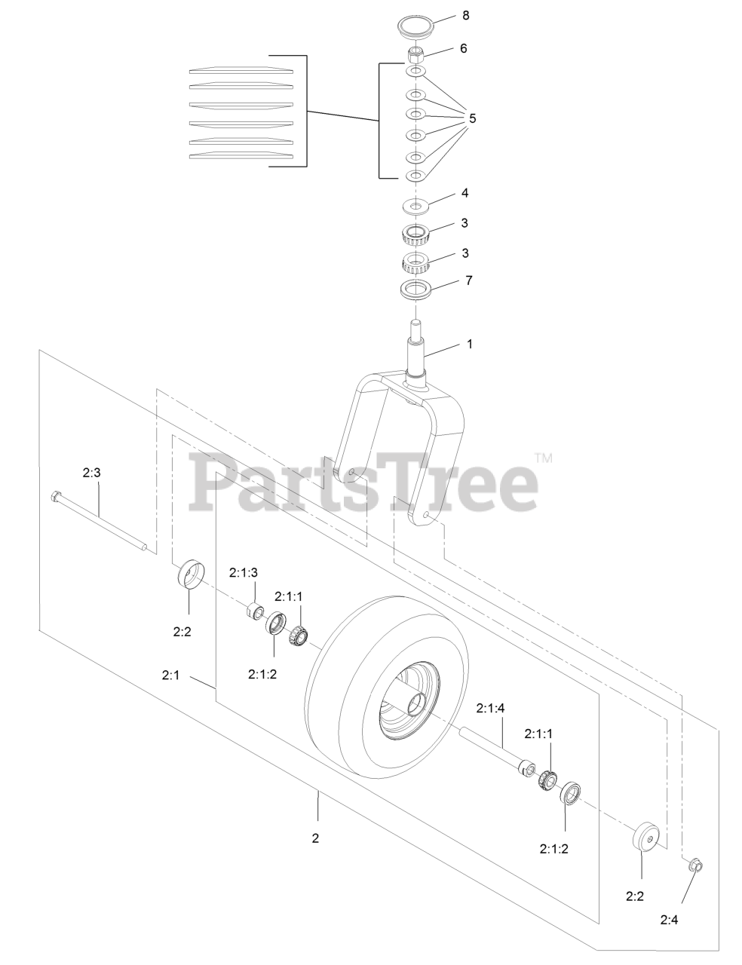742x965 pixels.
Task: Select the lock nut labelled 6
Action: [415, 55]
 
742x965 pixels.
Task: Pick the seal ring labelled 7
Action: [415, 288]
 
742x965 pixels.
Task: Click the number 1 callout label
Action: [470, 344]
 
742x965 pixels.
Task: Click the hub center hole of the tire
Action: [414, 703]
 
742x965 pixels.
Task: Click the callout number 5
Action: [472, 118]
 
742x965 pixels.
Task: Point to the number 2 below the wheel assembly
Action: [316, 838]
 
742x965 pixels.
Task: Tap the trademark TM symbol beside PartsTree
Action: [543, 458]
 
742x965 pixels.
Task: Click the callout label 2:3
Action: [92, 473]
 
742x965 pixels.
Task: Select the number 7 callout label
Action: [468, 280]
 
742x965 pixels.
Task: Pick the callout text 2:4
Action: [670, 919]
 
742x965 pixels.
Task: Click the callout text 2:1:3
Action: [244, 572]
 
